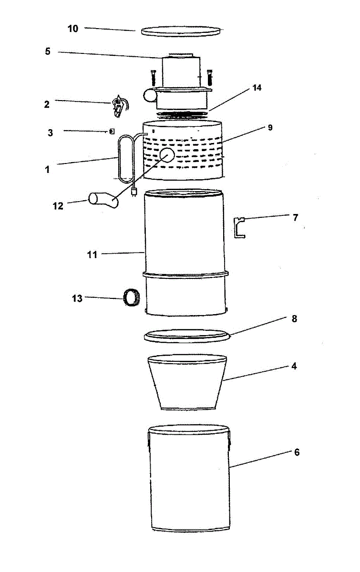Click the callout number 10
[x=72, y=29]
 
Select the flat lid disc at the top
[x=181, y=31]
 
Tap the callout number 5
[x=48, y=51]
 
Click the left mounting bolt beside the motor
[x=153, y=77]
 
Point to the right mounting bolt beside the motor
[x=209, y=77]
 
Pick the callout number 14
[x=257, y=88]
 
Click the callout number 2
[x=47, y=104]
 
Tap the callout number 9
[x=270, y=128]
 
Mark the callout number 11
[x=92, y=255]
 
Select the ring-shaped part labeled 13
[x=130, y=297]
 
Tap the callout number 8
[x=294, y=319]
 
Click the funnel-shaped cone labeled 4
[x=187, y=381]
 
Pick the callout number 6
[x=297, y=452]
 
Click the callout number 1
[x=47, y=169]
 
